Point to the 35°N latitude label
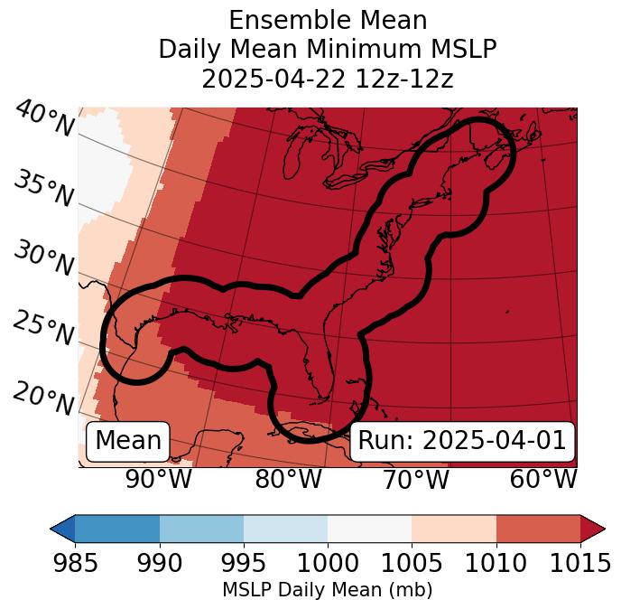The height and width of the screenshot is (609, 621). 43,189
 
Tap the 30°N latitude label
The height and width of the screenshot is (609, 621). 43,259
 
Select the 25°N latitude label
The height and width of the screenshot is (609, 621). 43,329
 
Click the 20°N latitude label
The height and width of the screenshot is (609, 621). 43,398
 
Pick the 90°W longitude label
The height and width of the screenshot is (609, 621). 158,480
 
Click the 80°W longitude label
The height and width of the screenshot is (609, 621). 288,480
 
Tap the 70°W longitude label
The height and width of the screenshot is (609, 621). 415,480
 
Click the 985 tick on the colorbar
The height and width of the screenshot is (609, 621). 75,563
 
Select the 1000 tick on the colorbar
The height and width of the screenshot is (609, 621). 328,563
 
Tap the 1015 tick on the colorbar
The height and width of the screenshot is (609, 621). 580,563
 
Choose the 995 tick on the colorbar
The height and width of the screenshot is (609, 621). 244,563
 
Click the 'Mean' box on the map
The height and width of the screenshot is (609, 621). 128,441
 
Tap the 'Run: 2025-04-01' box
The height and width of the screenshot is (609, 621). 462,441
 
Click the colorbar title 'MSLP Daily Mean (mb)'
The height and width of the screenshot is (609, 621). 327,591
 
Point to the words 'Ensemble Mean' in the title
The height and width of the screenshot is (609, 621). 327,20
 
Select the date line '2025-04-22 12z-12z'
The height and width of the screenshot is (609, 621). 327,79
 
